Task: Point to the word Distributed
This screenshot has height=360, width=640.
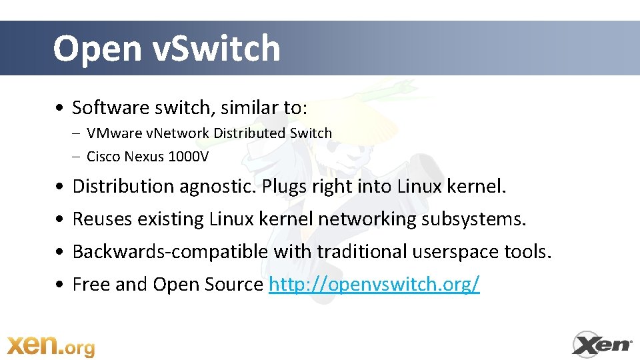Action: pos(249,133)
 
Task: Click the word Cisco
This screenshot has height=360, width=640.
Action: pos(103,157)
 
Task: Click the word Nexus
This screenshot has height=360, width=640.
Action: pos(143,157)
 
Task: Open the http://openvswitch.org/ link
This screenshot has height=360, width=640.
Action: pos(374,285)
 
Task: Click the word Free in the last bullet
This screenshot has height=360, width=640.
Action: pos(91,285)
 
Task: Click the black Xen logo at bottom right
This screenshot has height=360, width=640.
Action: pos(603,344)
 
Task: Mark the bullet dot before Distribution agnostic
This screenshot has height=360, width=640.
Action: pos(61,187)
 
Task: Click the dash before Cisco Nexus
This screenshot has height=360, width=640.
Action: pos(77,157)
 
